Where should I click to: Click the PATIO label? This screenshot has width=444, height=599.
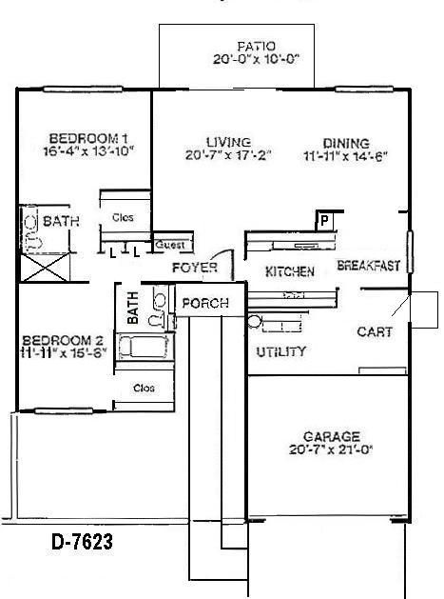[257, 45]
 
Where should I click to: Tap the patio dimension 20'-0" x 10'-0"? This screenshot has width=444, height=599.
[257, 57]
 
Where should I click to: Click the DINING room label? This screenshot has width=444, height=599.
[345, 143]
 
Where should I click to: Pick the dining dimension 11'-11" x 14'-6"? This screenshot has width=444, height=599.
[345, 155]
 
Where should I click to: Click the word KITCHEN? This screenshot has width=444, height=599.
[289, 271]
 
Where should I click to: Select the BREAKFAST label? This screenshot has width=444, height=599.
[369, 267]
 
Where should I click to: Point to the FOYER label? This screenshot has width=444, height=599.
[195, 268]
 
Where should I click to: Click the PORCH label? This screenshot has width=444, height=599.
[204, 303]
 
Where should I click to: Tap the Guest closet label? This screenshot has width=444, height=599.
[169, 243]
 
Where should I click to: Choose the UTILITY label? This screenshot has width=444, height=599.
[281, 352]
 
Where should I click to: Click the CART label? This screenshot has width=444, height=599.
[375, 332]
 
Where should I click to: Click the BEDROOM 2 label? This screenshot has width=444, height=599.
[62, 341]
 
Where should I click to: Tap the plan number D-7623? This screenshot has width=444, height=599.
[82, 543]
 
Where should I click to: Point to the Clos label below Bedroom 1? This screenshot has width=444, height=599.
[123, 217]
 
